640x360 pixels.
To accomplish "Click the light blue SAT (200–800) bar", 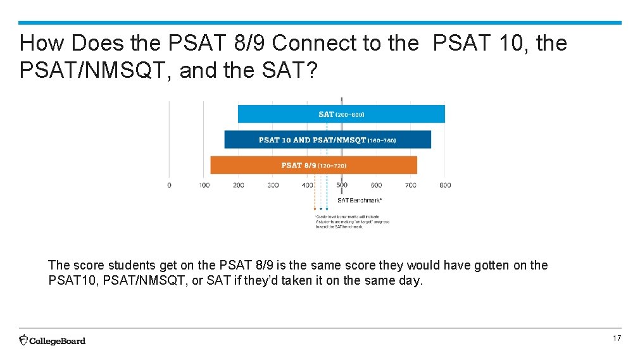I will point(341,114).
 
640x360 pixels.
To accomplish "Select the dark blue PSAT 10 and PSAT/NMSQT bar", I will point(327,140).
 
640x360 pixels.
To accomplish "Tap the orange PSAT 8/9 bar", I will point(313,165).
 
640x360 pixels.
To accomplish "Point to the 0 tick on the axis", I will point(169,185).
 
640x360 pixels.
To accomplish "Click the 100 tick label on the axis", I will point(204,185).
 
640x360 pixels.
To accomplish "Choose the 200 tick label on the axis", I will point(239,185).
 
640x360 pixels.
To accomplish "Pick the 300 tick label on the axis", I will point(273,185).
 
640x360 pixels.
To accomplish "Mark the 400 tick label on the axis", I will point(308,185).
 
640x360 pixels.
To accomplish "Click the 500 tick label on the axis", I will point(342,185).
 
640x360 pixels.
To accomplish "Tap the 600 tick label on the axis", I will point(376,185).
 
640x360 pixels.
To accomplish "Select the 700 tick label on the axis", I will point(411,185).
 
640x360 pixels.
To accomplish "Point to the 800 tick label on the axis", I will point(445,185).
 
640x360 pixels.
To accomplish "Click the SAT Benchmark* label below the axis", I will point(360,201).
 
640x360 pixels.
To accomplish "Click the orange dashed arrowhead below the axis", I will point(315,209).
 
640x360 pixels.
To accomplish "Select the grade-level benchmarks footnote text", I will point(352,222).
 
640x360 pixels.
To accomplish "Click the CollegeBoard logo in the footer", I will point(53,340).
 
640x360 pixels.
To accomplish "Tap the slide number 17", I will point(617,339).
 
